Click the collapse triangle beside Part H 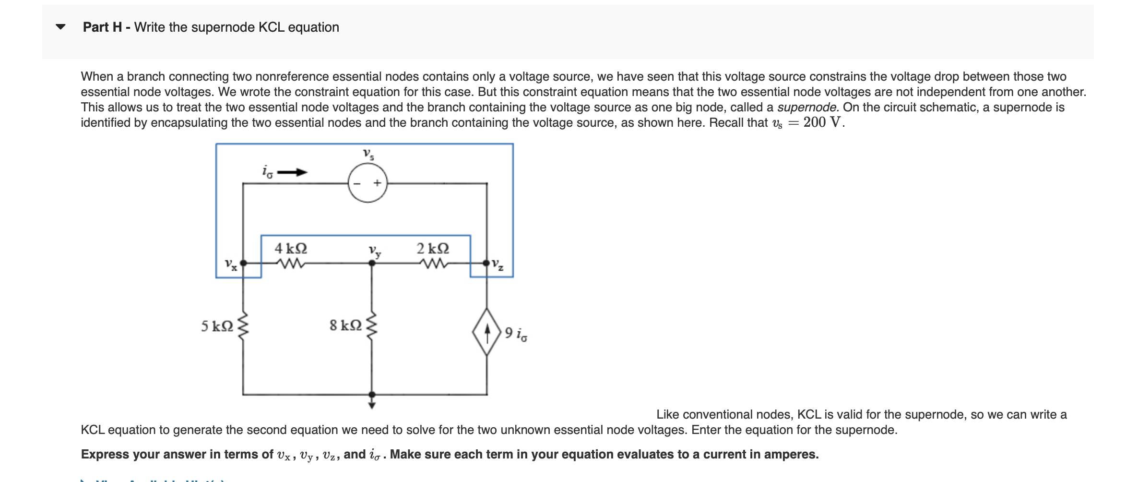click(x=60, y=27)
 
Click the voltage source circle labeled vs click(x=367, y=183)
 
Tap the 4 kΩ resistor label click(x=291, y=248)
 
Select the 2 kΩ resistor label click(x=433, y=248)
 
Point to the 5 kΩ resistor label click(x=217, y=326)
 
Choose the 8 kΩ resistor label click(x=345, y=325)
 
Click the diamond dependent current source click(x=487, y=332)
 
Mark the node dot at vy click(x=372, y=263)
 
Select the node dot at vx click(x=243, y=263)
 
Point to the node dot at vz click(x=487, y=263)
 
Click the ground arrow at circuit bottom click(x=372, y=404)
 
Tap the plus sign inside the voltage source click(x=378, y=183)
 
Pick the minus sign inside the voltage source click(x=357, y=183)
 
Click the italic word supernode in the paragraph click(x=808, y=107)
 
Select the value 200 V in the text click(x=822, y=122)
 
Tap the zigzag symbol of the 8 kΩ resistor click(x=372, y=325)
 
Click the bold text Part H click(x=102, y=27)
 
